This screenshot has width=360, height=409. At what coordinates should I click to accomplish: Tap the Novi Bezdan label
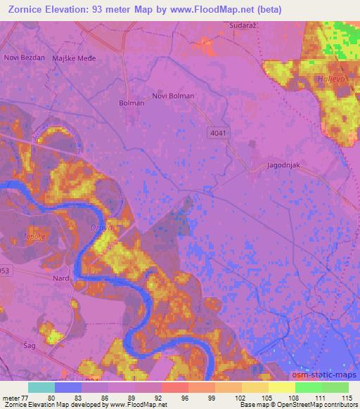pos(24,58)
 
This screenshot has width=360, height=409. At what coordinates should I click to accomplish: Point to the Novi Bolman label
pos(173,96)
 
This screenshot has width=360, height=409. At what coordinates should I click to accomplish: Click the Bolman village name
pos(131,103)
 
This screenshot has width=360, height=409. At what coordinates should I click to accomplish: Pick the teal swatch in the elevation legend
pos(41,388)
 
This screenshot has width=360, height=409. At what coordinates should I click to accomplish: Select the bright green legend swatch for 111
pos(309,388)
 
